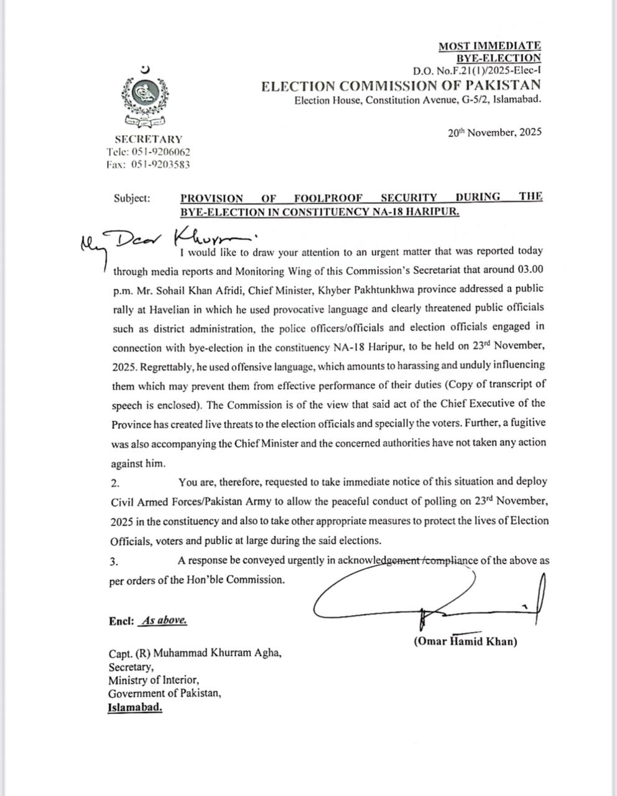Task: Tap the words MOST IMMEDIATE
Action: click(x=489, y=45)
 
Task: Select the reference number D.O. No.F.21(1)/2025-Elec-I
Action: click(x=476, y=72)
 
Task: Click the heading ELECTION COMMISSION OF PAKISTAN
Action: click(x=401, y=86)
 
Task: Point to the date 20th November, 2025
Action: click(x=494, y=132)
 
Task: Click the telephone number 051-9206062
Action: click(x=160, y=152)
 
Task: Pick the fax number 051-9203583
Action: click(x=160, y=165)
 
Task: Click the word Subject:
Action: click(x=132, y=198)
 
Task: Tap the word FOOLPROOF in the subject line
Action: click(x=322, y=198)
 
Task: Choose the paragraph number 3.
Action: click(x=114, y=562)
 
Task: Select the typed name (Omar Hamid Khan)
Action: click(x=465, y=642)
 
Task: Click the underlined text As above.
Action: click(x=164, y=621)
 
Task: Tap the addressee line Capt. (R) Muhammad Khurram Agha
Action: click(x=195, y=654)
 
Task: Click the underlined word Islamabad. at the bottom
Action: click(x=135, y=708)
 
